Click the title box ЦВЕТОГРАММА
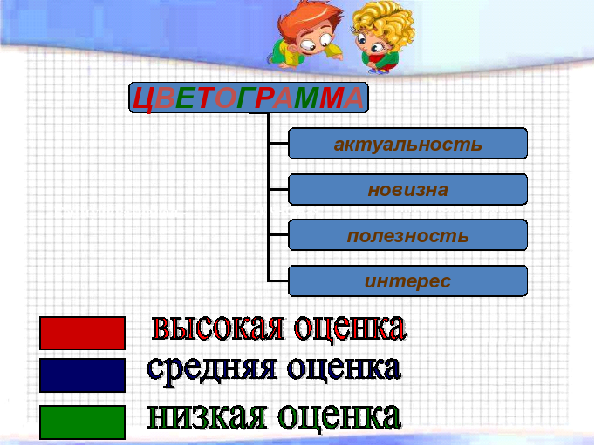click(x=249, y=98)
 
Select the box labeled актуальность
click(x=408, y=143)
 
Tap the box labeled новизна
click(x=408, y=190)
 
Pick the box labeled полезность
click(x=408, y=235)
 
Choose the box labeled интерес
click(x=408, y=280)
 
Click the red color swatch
click(x=82, y=333)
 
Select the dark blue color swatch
click(x=82, y=375)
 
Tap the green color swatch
click(x=82, y=422)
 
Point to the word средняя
click(x=211, y=368)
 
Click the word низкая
click(x=207, y=416)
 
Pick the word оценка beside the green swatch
click(x=339, y=416)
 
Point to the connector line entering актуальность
click(x=278, y=143)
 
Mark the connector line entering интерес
click(x=278, y=280)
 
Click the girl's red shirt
click(x=379, y=61)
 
